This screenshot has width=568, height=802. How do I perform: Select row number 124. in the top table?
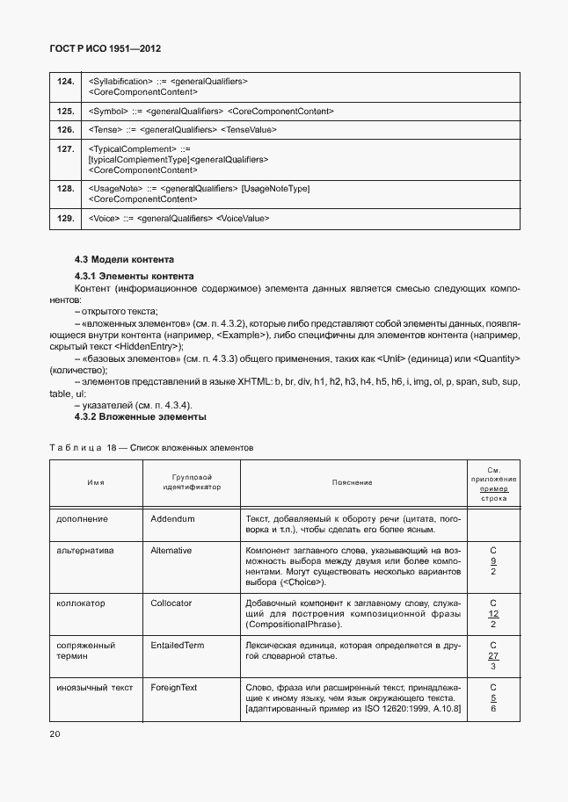tap(65, 81)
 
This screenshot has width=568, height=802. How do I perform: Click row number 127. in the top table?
tap(65, 149)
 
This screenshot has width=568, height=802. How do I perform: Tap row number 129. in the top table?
tap(65, 218)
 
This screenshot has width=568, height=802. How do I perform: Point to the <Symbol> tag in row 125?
tap(107, 112)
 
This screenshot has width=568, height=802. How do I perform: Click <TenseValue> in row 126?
tap(249, 130)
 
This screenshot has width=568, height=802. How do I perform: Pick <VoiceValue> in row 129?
tap(243, 218)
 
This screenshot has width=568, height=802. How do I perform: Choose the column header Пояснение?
tap(352, 482)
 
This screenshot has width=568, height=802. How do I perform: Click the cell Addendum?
tap(172, 519)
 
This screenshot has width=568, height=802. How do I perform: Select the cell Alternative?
tap(171, 551)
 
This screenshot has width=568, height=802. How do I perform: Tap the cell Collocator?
tap(171, 603)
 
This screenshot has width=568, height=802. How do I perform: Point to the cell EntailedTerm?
tap(177, 646)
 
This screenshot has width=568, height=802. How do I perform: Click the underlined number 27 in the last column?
tap(493, 656)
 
